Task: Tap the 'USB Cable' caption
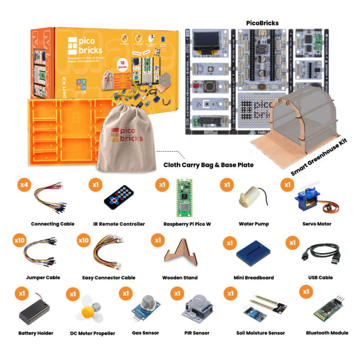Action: tap(318, 278)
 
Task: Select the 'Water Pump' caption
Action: tap(254, 224)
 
